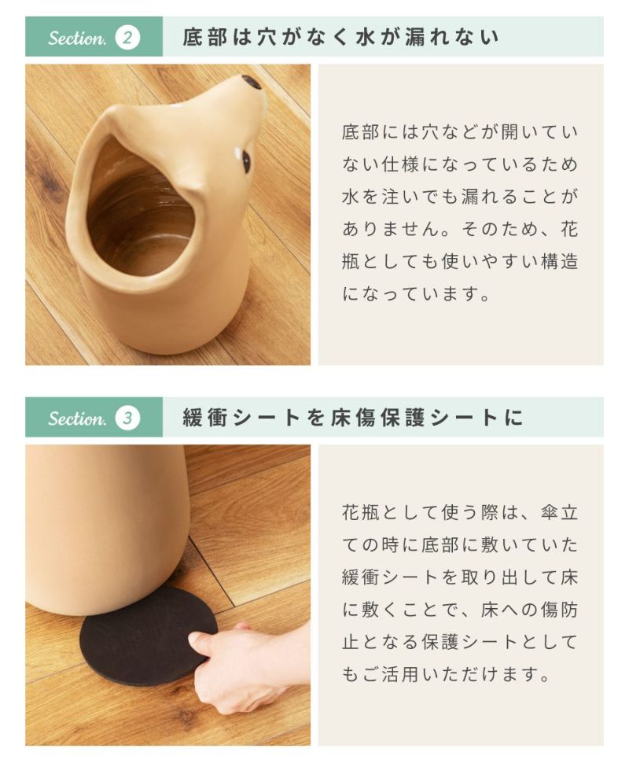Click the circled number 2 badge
click(127, 37)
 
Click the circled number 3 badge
click(127, 418)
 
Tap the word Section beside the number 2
click(77, 38)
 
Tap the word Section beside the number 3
click(77, 418)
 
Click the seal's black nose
click(252, 83)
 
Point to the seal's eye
click(245, 160)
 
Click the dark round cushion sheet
click(148, 636)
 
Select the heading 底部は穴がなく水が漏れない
click(340, 37)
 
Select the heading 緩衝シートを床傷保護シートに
click(353, 418)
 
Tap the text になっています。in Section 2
click(417, 293)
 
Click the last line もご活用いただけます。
click(447, 674)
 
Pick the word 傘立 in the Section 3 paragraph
click(560, 513)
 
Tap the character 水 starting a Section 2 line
click(351, 197)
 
